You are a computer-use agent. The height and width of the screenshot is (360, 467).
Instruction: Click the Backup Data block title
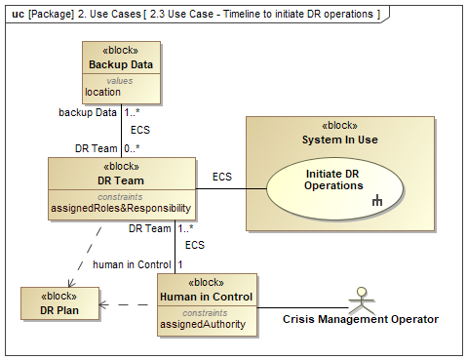click(121, 64)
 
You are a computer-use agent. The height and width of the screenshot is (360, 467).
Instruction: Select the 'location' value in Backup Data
click(102, 92)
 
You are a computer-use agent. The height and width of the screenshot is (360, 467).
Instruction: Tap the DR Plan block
click(59, 303)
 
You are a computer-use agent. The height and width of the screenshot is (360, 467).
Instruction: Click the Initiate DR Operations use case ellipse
click(334, 188)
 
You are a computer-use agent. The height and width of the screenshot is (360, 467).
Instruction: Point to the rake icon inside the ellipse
click(377, 200)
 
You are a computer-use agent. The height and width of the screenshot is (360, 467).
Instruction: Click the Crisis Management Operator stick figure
click(362, 300)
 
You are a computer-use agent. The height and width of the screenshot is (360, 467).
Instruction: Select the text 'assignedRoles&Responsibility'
click(121, 208)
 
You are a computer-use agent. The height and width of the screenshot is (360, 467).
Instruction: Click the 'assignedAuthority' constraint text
click(203, 324)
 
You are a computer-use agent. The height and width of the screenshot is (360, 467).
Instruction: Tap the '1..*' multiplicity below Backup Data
click(132, 112)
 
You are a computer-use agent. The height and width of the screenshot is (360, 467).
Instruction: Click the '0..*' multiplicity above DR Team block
click(132, 148)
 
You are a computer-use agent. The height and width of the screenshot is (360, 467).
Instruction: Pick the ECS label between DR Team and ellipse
click(222, 177)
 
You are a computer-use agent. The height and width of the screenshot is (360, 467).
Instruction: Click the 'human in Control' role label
click(132, 264)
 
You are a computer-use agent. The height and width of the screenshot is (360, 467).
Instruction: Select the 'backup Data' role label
click(88, 112)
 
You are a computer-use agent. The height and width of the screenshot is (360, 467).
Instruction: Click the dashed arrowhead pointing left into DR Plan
click(102, 304)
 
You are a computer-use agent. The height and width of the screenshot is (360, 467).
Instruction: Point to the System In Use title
click(340, 140)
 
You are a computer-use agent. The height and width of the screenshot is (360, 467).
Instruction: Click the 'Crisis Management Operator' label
click(361, 319)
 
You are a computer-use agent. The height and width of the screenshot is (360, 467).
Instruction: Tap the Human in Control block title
click(207, 297)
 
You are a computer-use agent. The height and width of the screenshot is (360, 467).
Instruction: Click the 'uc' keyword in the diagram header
click(18, 15)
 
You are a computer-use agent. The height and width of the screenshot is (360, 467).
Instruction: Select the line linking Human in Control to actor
click(302, 307)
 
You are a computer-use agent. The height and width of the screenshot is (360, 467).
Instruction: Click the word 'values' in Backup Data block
click(120, 81)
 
